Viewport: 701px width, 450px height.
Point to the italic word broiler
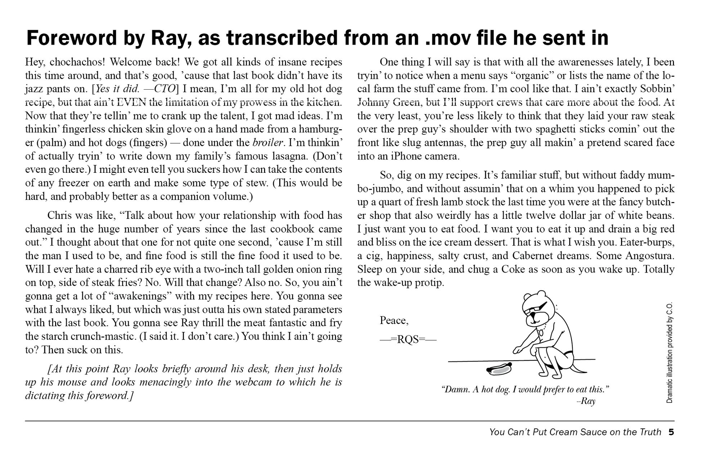[x=268, y=143]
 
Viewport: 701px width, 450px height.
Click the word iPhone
[x=400, y=156]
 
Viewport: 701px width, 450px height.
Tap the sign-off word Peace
[x=394, y=320]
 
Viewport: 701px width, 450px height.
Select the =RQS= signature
[x=408, y=339]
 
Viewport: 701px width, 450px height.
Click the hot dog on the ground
[x=499, y=369]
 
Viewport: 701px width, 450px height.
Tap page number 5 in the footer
[x=671, y=432]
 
